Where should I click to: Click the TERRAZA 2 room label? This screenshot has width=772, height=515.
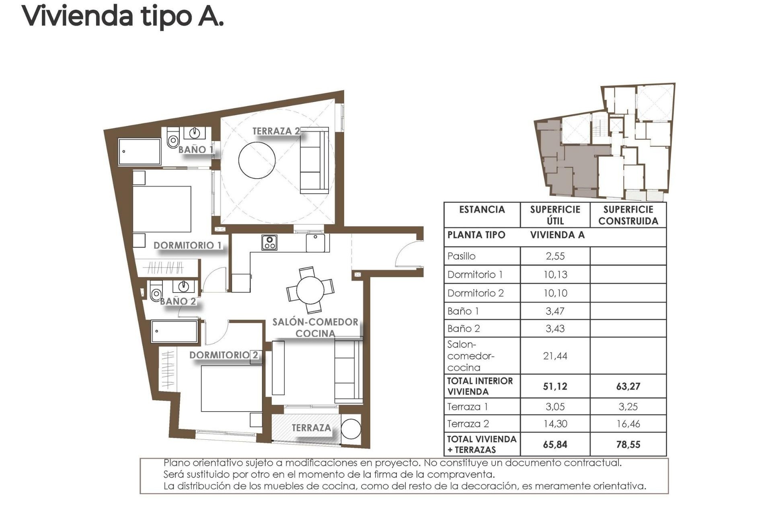(x=276, y=131)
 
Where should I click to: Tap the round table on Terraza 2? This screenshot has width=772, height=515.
(x=257, y=160)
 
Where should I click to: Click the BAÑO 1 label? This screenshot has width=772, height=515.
(x=195, y=150)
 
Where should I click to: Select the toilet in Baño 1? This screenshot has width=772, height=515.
(x=173, y=139)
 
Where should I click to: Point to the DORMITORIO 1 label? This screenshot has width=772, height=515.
(x=187, y=245)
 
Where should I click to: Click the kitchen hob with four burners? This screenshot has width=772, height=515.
(x=269, y=243)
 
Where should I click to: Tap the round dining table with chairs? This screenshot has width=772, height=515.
(x=310, y=290)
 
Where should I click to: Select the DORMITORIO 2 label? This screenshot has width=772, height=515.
(x=224, y=355)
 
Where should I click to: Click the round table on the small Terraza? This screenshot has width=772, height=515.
(x=351, y=429)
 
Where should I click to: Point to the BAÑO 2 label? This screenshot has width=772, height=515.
(x=178, y=301)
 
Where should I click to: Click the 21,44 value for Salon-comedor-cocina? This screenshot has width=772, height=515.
(x=555, y=356)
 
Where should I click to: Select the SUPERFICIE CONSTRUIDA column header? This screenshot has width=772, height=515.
(x=628, y=215)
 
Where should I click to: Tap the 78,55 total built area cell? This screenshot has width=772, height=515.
(x=628, y=444)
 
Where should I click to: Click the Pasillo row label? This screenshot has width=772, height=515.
(x=462, y=256)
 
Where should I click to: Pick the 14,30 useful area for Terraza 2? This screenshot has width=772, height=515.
(x=555, y=424)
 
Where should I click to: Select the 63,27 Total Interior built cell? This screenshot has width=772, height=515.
(x=628, y=386)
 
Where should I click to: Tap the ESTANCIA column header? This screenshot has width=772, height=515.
(x=482, y=210)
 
